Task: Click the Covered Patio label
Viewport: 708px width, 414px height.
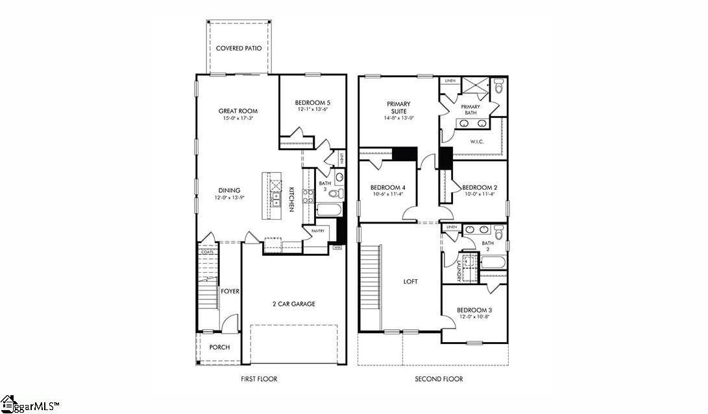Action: coord(238,48)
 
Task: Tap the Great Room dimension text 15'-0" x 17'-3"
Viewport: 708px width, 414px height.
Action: coord(238,119)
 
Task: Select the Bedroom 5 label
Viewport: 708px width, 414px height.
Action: coord(312,102)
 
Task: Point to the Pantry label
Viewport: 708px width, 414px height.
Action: coord(318,231)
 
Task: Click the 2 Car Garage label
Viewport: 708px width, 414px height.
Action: coord(293,303)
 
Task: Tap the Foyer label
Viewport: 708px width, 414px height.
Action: coord(230,291)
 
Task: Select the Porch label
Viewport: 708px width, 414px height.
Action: coord(219,347)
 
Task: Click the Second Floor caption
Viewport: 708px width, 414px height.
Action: coord(439,379)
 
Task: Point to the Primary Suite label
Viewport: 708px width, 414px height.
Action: coord(399,107)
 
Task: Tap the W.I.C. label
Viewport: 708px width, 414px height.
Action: coord(477,141)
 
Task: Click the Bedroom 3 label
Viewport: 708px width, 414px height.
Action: coord(474,310)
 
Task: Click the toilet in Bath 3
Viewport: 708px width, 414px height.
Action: coord(334,193)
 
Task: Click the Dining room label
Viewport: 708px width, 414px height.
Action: coord(230,190)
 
